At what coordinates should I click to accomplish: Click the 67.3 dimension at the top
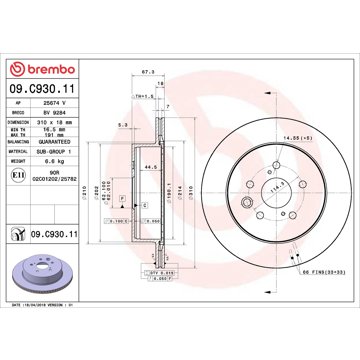(x=148, y=73)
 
